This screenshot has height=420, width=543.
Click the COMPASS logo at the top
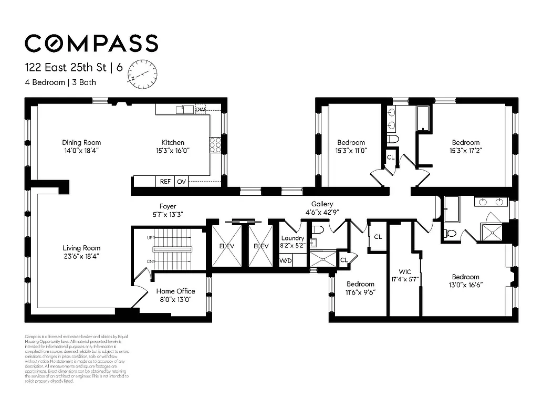pos(91,43)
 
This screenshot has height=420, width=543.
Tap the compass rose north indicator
pos(142,72)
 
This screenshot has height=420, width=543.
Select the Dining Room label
pos(81,142)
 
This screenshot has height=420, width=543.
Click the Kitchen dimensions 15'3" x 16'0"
pos(173,150)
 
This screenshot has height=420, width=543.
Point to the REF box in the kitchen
pos(165,181)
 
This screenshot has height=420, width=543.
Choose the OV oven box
pos(181,181)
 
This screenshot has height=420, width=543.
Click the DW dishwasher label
pos(200,109)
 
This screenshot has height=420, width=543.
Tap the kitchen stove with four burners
pos(215,145)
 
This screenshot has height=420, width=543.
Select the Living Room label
pos(81,248)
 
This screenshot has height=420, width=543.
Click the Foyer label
pos(168,206)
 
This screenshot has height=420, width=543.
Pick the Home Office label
pos(175,291)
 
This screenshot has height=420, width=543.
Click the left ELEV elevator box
pos(226,246)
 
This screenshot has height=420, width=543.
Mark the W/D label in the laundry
pos(285,260)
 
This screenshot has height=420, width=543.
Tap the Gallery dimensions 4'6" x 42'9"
pos(322,212)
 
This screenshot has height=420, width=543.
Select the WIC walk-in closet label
pos(404,271)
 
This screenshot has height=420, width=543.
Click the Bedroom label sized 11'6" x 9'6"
pos(360,284)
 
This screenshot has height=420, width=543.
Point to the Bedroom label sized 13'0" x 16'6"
pos(465,277)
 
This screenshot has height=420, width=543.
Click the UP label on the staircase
pos(150,238)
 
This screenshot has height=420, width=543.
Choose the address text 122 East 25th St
pos(65,67)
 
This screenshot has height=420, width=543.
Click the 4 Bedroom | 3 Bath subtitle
pos(60,82)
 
